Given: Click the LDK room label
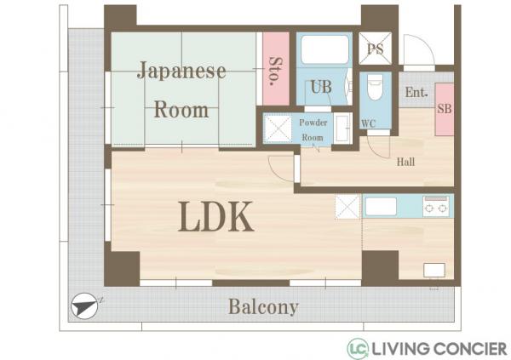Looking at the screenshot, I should (x=215, y=217).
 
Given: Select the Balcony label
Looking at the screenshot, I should (x=263, y=307).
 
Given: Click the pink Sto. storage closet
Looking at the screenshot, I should (x=274, y=68).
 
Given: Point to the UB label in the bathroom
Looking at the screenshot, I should (x=320, y=86).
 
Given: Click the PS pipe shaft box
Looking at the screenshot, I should (x=375, y=49).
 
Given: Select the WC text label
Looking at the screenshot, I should (x=369, y=124).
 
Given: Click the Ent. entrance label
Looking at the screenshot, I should (x=416, y=93).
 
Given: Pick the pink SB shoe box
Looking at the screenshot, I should (x=445, y=109).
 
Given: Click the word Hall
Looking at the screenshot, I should (x=406, y=162).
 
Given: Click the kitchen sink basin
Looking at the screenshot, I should (x=381, y=206).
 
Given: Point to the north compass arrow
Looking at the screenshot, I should (x=85, y=306).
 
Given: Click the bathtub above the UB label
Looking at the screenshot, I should (x=324, y=49).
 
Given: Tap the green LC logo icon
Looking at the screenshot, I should (x=358, y=348).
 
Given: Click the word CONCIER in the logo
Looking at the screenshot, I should (x=471, y=348).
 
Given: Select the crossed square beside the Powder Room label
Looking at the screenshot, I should (x=278, y=129).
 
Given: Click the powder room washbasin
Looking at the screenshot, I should (x=342, y=129).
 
